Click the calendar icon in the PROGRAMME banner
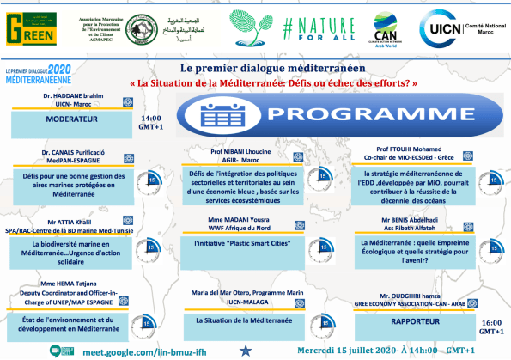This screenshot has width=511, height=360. point(211,113)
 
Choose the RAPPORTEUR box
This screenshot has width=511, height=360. point(416,322)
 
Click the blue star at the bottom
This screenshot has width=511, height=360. point(246,350)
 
